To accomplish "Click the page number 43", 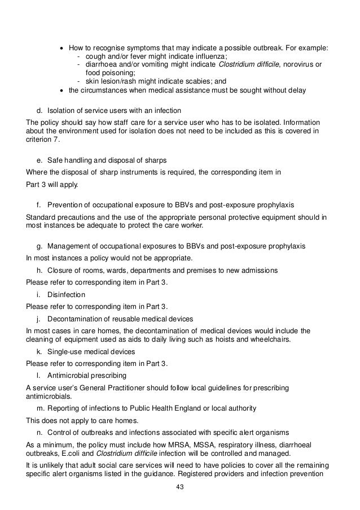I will tap(179, 488).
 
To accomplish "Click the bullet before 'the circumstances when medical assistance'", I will tap(62, 89).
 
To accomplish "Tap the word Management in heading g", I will tap(71, 247).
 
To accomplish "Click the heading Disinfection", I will tap(66, 294).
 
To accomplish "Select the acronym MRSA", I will tap(153, 444).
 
